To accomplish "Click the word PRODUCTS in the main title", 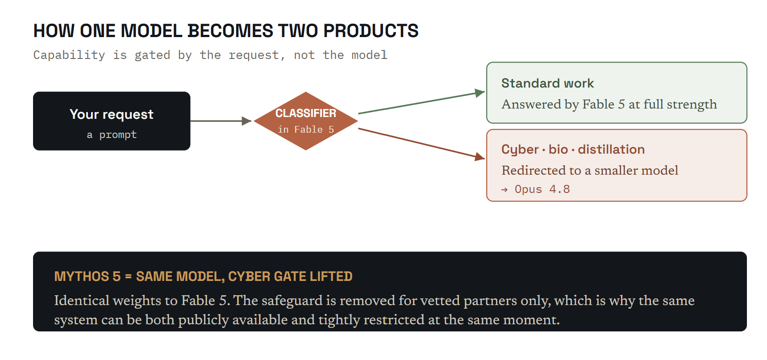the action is tap(371, 31).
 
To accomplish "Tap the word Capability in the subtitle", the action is tap(69, 55).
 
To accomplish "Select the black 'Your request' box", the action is tap(112, 121).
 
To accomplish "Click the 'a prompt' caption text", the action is tap(112, 134).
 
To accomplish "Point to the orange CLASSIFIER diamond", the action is tap(306, 121).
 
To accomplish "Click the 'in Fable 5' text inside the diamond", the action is tap(306, 130).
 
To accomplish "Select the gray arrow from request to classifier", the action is tap(221, 121).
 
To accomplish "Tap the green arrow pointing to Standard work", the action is tap(421, 103).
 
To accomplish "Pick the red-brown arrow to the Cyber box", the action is tap(421, 143).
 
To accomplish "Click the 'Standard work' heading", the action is tap(547, 83).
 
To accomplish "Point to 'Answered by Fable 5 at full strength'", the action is tap(609, 105).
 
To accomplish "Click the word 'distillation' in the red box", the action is tap(611, 149).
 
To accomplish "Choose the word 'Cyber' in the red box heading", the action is tap(520, 150).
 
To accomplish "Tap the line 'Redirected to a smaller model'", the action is tap(590, 170).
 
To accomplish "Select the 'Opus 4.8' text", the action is tap(542, 189).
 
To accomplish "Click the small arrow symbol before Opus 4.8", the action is tap(504, 190).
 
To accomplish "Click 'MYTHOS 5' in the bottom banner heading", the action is tap(88, 276).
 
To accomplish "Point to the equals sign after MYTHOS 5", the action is tap(129, 277).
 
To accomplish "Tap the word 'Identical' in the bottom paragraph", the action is tap(82, 301).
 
